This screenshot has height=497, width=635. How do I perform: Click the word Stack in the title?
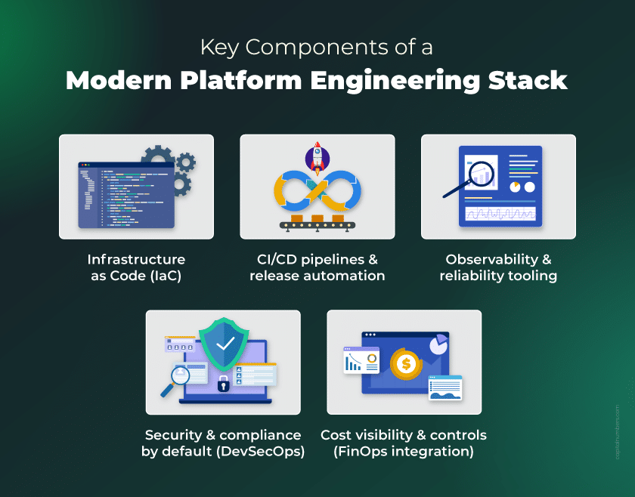click(528, 80)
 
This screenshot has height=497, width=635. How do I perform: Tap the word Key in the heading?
click(219, 48)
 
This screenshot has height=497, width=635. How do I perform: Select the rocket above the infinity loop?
click(317, 158)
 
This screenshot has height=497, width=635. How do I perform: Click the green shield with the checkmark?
click(224, 343)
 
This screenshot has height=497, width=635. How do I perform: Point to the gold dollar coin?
click(405, 364)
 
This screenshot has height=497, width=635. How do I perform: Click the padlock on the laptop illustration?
click(223, 383)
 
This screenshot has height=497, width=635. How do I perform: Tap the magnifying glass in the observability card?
click(469, 179)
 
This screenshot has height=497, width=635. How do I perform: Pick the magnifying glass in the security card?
click(175, 380)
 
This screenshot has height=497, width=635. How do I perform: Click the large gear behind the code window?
click(157, 156)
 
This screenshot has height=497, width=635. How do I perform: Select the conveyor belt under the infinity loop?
click(317, 225)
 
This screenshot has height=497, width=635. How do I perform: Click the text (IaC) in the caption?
click(166, 276)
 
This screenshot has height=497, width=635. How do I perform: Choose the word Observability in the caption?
click(491, 259)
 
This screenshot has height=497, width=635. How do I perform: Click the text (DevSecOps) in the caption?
click(260, 451)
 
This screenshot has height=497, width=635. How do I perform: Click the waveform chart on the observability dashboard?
click(500, 213)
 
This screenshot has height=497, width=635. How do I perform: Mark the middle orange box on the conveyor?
click(317, 218)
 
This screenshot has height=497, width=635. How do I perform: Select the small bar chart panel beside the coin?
click(361, 360)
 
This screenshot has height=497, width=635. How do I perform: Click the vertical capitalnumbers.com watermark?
click(617, 432)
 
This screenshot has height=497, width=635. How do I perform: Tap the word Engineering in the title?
click(395, 81)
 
